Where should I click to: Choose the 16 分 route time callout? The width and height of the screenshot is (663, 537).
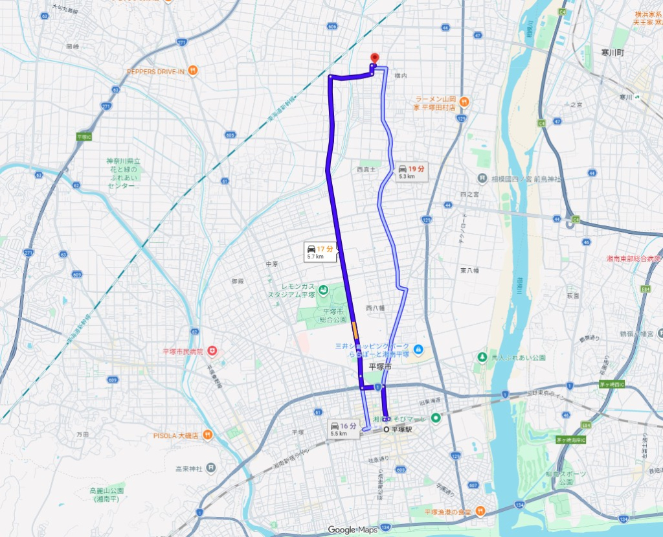pyautogui.click(x=344, y=428)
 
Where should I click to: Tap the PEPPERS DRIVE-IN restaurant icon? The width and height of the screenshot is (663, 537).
pyautogui.click(x=193, y=72)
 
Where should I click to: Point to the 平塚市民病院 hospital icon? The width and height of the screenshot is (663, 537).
pyautogui.click(x=212, y=351)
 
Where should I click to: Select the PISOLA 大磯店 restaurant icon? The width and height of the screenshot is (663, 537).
pyautogui.click(x=207, y=434)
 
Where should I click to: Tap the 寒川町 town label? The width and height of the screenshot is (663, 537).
pyautogui.click(x=611, y=52)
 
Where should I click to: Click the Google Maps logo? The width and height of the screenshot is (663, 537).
pyautogui.click(x=352, y=529)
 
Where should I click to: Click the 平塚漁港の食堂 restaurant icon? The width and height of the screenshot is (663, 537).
pyautogui.click(x=479, y=511)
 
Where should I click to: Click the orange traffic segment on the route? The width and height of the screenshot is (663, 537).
pyautogui.click(x=355, y=330)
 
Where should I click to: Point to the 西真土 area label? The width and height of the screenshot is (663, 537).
pyautogui.click(x=367, y=170)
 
